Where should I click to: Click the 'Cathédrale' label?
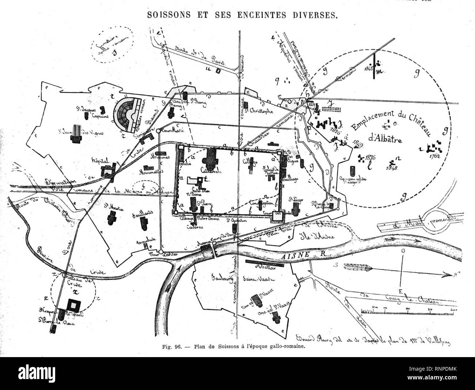(212, 170)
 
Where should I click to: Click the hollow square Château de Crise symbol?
(75, 304)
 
